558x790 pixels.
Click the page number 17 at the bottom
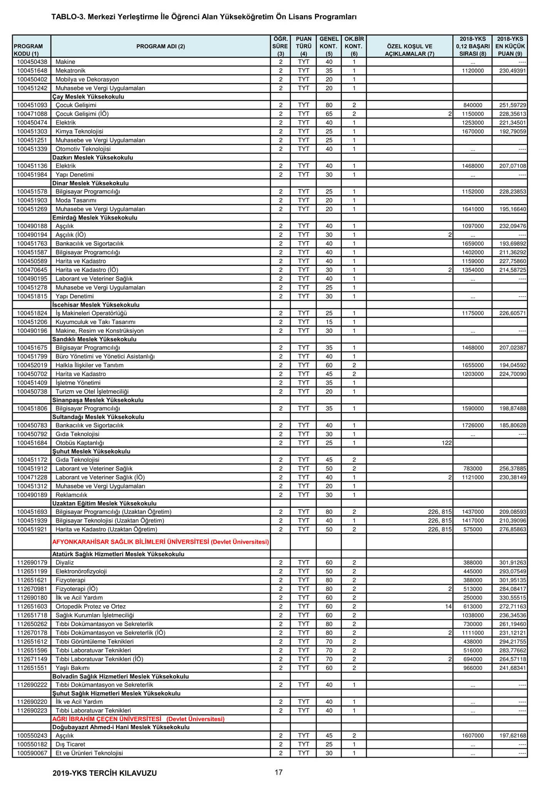(x=279, y=772)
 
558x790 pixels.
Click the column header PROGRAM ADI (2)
(x=160, y=46)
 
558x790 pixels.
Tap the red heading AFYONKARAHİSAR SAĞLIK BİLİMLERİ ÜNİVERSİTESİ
(x=160, y=542)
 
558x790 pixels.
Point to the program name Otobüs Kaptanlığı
(x=80, y=443)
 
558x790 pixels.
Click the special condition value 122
(x=447, y=443)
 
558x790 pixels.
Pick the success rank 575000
(x=472, y=529)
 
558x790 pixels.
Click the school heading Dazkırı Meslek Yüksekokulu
(x=92, y=157)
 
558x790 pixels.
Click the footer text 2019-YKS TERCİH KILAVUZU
(x=105, y=773)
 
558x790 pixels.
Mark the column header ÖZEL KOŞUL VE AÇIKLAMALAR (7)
(x=409, y=50)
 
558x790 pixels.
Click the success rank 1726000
(x=472, y=425)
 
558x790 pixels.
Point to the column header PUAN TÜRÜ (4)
(x=304, y=46)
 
